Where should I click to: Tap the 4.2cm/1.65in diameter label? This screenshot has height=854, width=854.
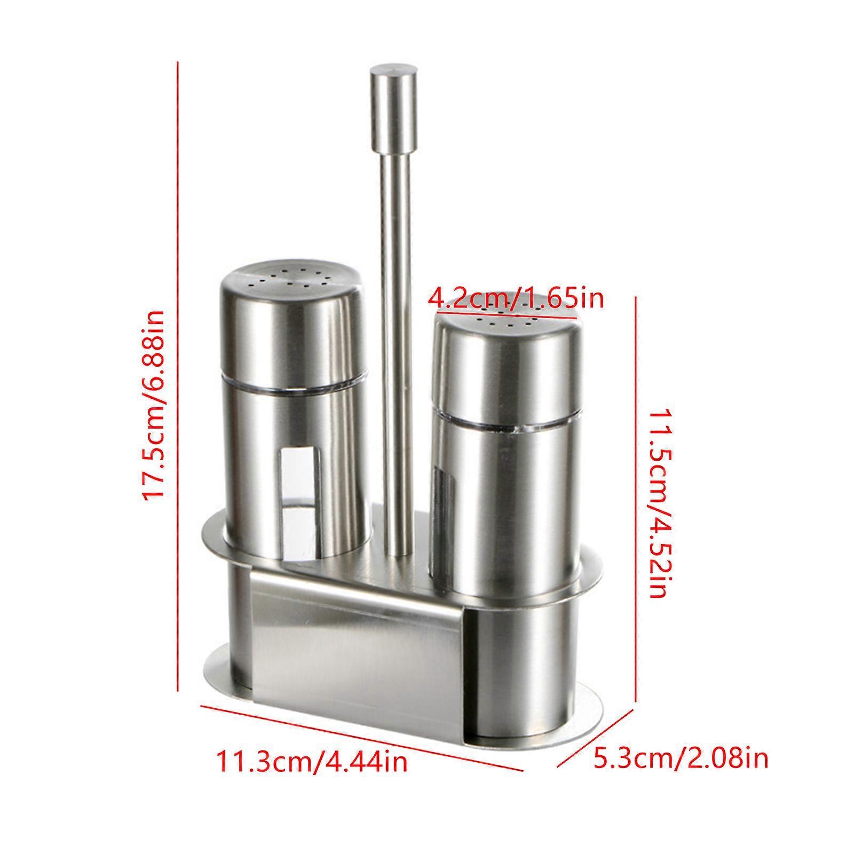[517, 298]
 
